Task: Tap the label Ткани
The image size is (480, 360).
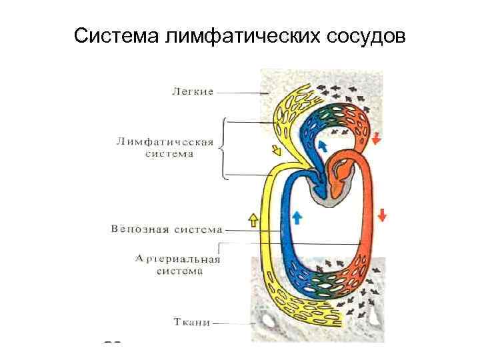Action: pyautogui.click(x=192, y=322)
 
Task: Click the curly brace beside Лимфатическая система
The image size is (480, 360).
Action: pyautogui.click(x=224, y=148)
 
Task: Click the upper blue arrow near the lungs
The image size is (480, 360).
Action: pyautogui.click(x=323, y=145)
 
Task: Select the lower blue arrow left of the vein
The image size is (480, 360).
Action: pyautogui.click(x=297, y=216)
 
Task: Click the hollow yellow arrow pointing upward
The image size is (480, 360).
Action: pyautogui.click(x=253, y=218)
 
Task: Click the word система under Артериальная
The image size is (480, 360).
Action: pyautogui.click(x=179, y=271)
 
